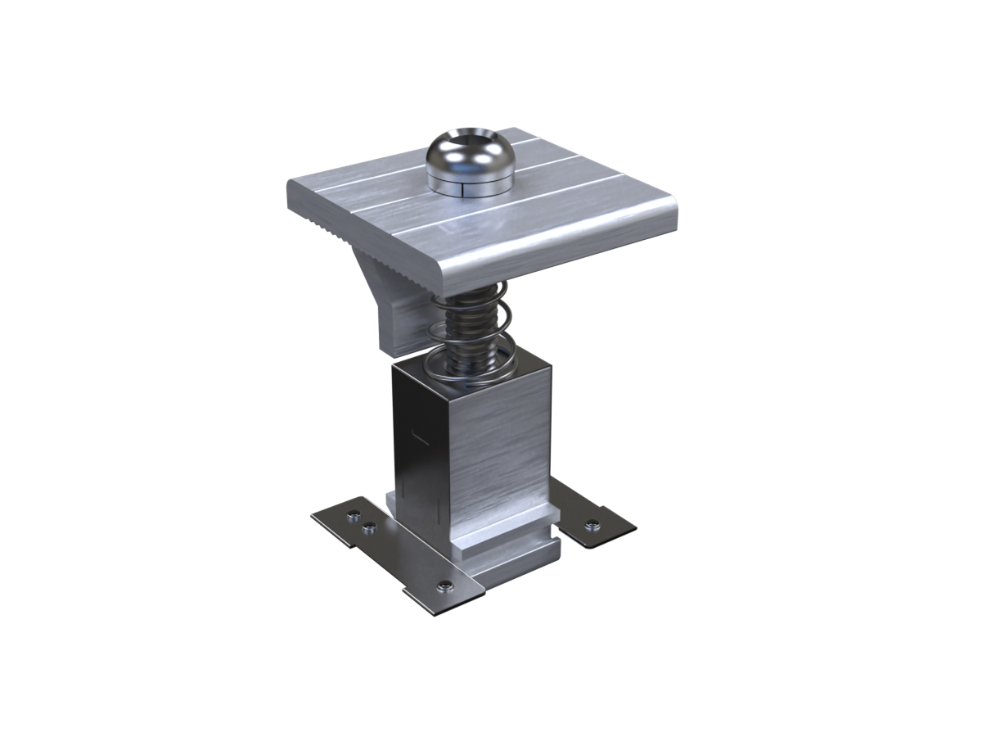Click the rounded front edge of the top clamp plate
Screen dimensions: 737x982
coord(565,254)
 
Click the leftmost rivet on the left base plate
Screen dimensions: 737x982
coord(353,516)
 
